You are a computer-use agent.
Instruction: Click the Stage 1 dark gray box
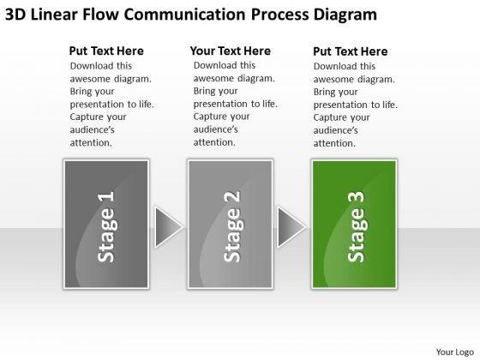[106, 224]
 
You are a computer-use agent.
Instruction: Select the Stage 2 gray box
[231, 224]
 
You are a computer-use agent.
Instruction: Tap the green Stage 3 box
[354, 224]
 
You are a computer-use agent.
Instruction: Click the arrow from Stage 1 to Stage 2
[168, 227]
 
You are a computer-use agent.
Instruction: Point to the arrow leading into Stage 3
[291, 227]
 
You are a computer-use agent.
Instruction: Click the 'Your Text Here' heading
[231, 51]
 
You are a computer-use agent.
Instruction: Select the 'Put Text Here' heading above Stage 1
[106, 51]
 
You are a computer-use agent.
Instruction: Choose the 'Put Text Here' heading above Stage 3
[351, 51]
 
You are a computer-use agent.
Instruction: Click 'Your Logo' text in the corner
[455, 352]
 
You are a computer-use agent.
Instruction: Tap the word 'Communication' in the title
[184, 15]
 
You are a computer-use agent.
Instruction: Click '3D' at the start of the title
[15, 15]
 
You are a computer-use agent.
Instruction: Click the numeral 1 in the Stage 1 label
[106, 196]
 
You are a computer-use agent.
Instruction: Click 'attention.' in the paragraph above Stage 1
[91, 143]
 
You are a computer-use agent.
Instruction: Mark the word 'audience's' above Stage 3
[335, 130]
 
